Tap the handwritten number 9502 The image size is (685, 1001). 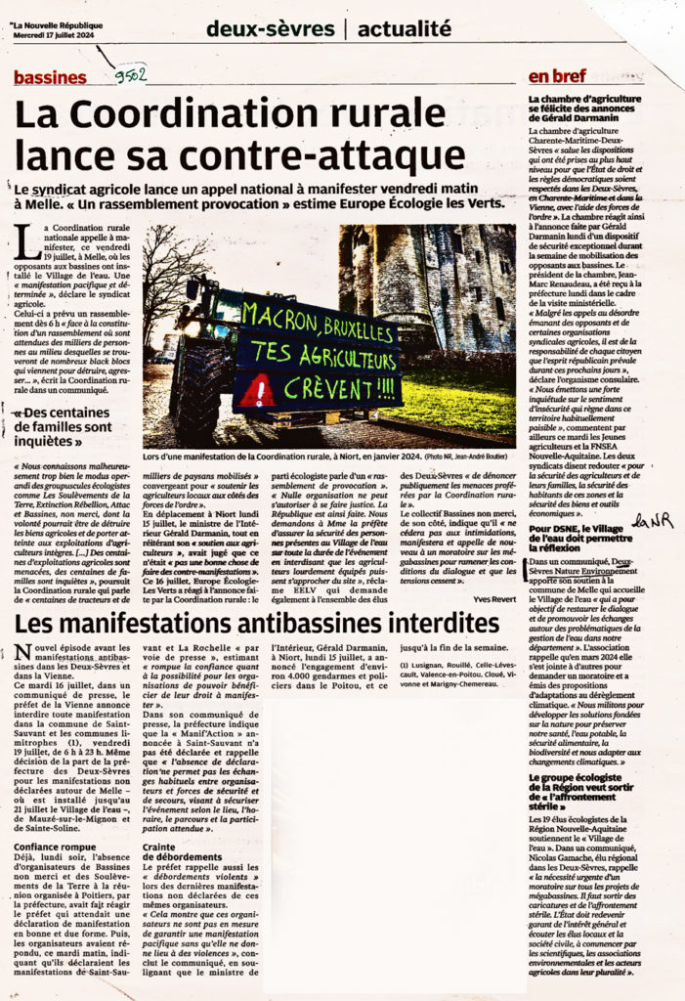tap(130, 74)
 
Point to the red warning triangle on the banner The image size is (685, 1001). tap(257, 391)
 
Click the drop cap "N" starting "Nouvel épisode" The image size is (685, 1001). tap(22, 654)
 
